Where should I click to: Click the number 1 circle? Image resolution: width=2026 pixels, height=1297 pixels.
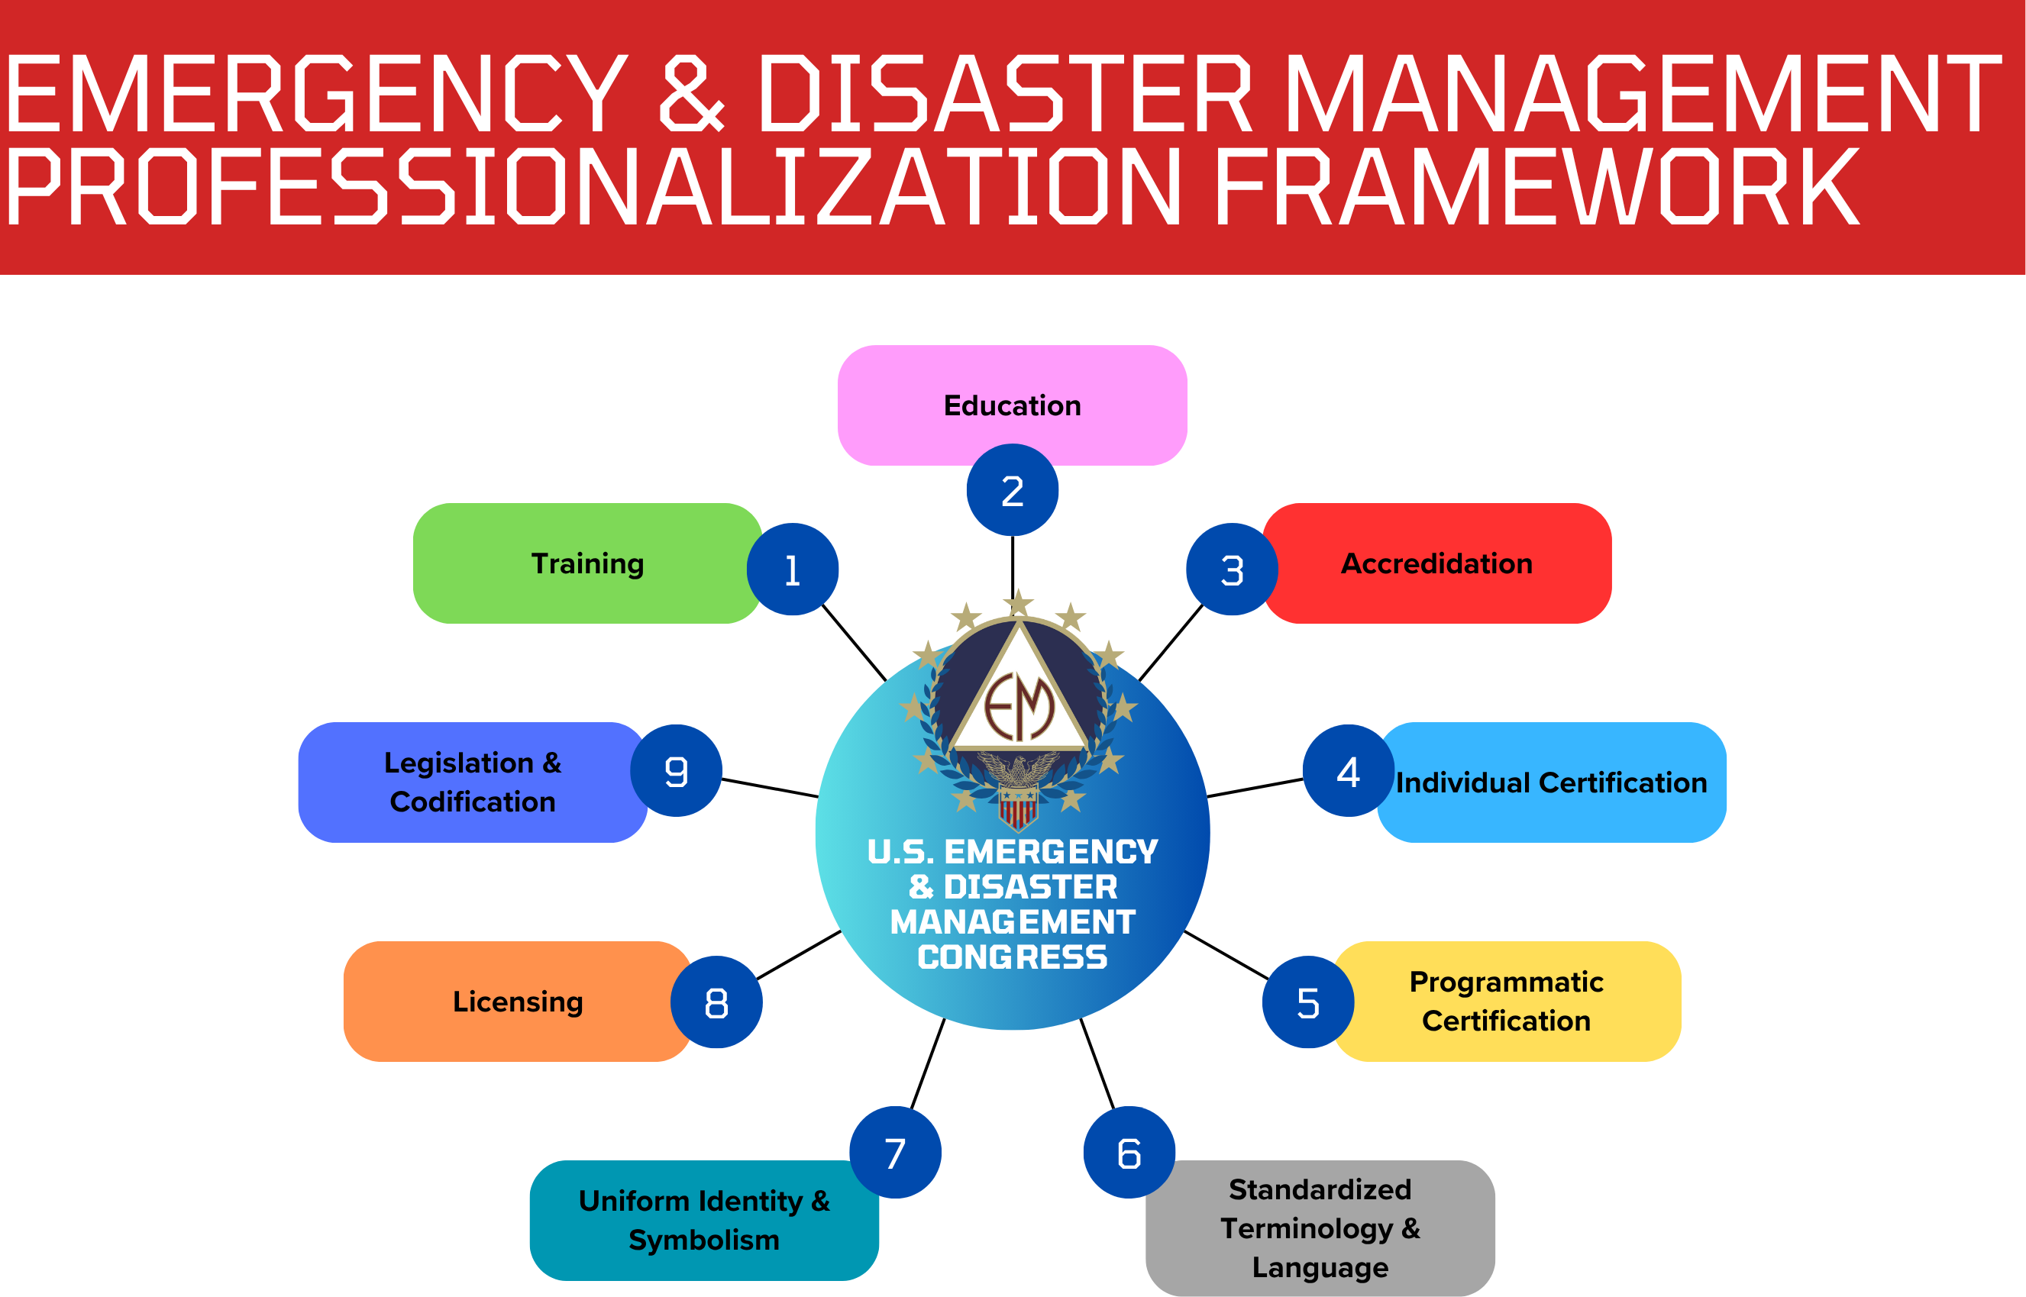[x=792, y=569]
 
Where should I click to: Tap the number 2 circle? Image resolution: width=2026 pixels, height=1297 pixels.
[x=1012, y=490]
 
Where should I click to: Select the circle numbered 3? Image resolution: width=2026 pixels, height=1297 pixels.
[x=1232, y=569]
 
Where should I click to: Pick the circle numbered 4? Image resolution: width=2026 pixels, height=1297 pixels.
[x=1348, y=770]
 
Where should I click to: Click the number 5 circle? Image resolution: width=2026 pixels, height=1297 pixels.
[x=1307, y=1002]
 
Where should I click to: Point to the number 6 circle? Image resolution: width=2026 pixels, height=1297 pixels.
[x=1129, y=1152]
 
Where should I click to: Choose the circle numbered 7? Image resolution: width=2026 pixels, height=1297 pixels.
[x=895, y=1152]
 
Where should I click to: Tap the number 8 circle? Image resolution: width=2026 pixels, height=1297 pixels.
[x=716, y=1002]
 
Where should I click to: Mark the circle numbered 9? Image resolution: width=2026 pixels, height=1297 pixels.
[x=676, y=770]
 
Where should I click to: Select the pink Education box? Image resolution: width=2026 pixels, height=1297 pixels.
[x=1012, y=396]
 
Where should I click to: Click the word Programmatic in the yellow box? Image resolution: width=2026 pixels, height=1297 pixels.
[x=1506, y=982]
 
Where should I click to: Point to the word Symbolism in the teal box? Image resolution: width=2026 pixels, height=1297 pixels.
[x=703, y=1240]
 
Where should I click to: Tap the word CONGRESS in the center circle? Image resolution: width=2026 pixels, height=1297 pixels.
[x=1012, y=957]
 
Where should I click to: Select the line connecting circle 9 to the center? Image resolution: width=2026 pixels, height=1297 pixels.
[x=769, y=789]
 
